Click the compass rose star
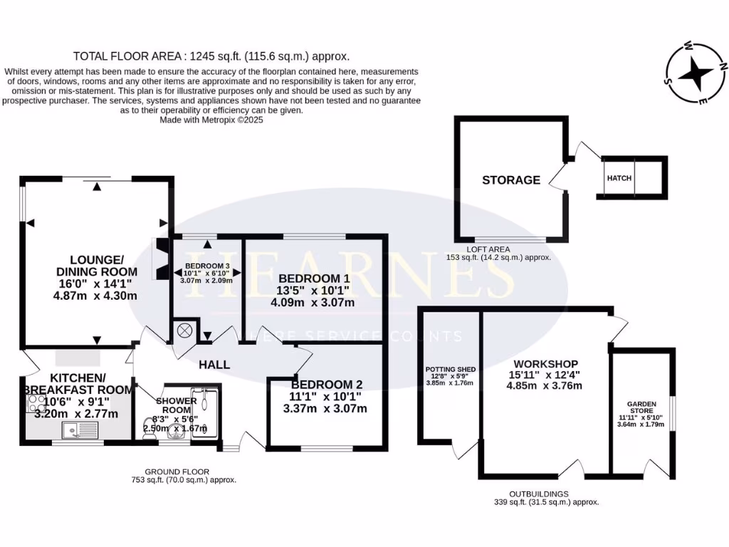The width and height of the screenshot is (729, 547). click(x=695, y=73)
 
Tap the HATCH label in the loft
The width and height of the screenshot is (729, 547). click(x=619, y=178)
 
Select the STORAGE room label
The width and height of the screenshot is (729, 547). click(x=511, y=180)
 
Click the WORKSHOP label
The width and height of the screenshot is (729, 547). click(x=545, y=364)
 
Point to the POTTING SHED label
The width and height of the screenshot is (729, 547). click(x=451, y=370)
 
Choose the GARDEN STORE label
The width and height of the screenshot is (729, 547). click(x=641, y=407)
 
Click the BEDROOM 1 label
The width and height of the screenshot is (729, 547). click(x=314, y=278)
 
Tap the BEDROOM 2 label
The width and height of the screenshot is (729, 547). click(x=326, y=385)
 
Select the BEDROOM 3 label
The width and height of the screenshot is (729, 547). click(x=207, y=266)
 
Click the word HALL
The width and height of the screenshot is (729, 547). click(x=214, y=365)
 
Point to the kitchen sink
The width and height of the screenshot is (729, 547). click(x=80, y=430)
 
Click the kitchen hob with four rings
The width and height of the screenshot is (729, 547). click(x=35, y=403)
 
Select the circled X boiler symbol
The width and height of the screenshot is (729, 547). click(x=184, y=330)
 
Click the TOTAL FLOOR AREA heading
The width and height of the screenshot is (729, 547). click(x=211, y=57)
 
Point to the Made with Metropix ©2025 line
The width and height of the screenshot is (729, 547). click(x=211, y=120)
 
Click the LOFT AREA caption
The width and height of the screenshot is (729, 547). click(x=488, y=250)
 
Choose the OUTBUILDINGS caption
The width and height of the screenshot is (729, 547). click(x=539, y=494)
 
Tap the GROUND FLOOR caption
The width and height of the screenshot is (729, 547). click(x=177, y=472)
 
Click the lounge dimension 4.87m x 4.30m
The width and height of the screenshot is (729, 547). click(x=95, y=296)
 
